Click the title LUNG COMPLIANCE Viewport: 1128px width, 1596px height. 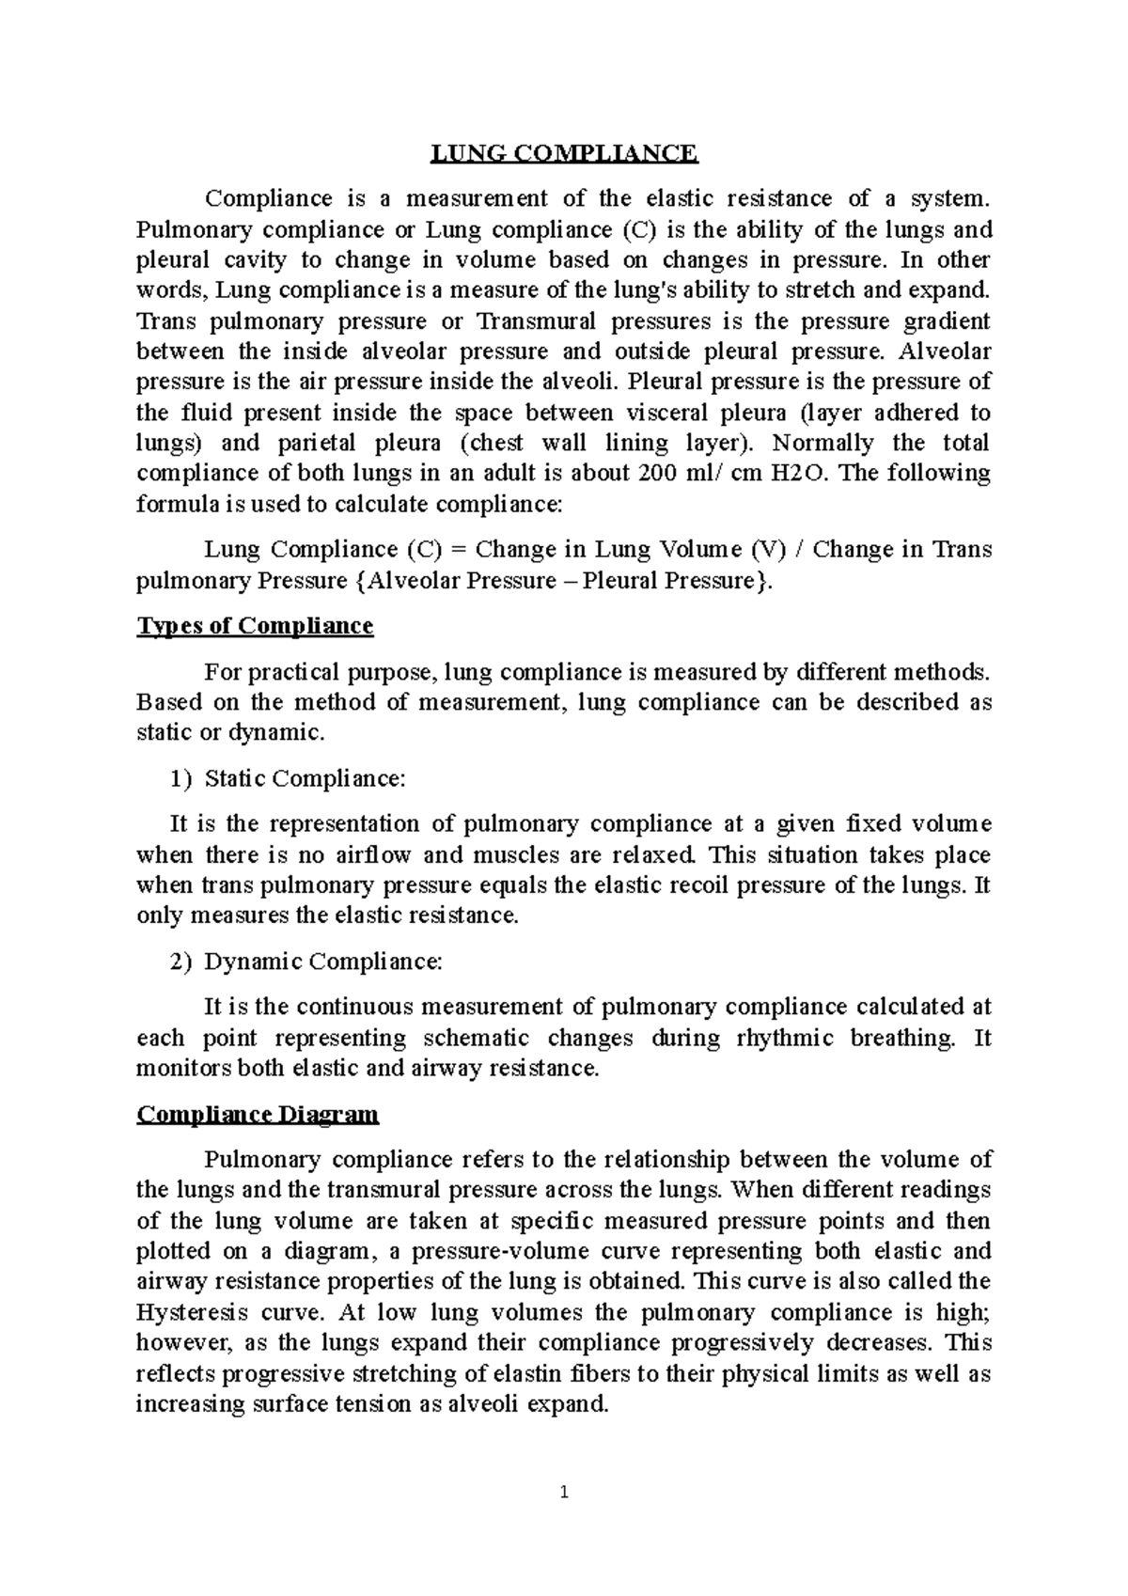(x=564, y=153)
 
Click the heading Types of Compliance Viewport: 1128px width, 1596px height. (x=255, y=626)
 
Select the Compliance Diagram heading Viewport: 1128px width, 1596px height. (x=258, y=1115)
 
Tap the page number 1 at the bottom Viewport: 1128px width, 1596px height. (x=564, y=1492)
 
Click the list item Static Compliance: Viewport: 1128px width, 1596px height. (x=305, y=778)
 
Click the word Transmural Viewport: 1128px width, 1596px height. (x=537, y=321)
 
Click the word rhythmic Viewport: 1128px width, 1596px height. (x=786, y=1038)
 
